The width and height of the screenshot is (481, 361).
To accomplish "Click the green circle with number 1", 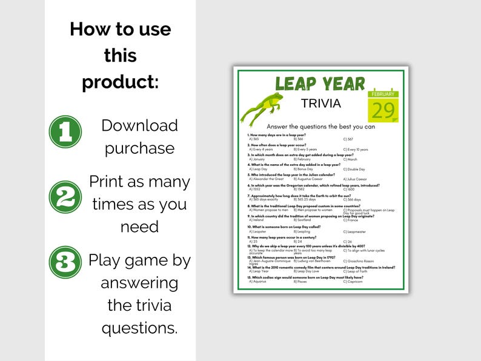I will pyautogui.click(x=65, y=131).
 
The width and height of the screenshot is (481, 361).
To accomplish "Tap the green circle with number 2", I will pyautogui.click(x=65, y=197).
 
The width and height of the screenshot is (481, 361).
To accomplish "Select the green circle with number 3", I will pyautogui.click(x=65, y=262).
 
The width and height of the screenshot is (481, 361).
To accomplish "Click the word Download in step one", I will pyautogui.click(x=139, y=125).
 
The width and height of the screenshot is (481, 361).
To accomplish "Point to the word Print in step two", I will pyautogui.click(x=110, y=182).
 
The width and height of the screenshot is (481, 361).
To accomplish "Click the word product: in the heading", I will pyautogui.click(x=120, y=82).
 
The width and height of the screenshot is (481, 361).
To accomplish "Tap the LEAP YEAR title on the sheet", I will pyautogui.click(x=320, y=84).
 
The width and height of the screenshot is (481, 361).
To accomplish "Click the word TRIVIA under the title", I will pyautogui.click(x=321, y=104).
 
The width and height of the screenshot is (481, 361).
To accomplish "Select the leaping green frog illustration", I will pyautogui.click(x=261, y=108).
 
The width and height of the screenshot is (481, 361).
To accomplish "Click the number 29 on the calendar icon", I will pyautogui.click(x=383, y=110).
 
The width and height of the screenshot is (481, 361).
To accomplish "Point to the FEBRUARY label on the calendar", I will pyautogui.click(x=383, y=94).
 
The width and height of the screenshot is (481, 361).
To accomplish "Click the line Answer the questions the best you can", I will pyautogui.click(x=321, y=126).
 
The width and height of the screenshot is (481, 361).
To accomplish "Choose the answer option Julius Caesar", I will pyautogui.click(x=357, y=179).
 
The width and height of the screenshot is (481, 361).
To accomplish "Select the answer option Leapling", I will pyautogui.click(x=302, y=231).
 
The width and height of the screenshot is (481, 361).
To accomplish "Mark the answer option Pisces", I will pyautogui.click(x=300, y=282).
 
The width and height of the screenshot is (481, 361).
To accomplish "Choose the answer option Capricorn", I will pyautogui.click(x=354, y=282).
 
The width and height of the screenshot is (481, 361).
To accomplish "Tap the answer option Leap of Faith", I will pyautogui.click(x=357, y=271).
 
